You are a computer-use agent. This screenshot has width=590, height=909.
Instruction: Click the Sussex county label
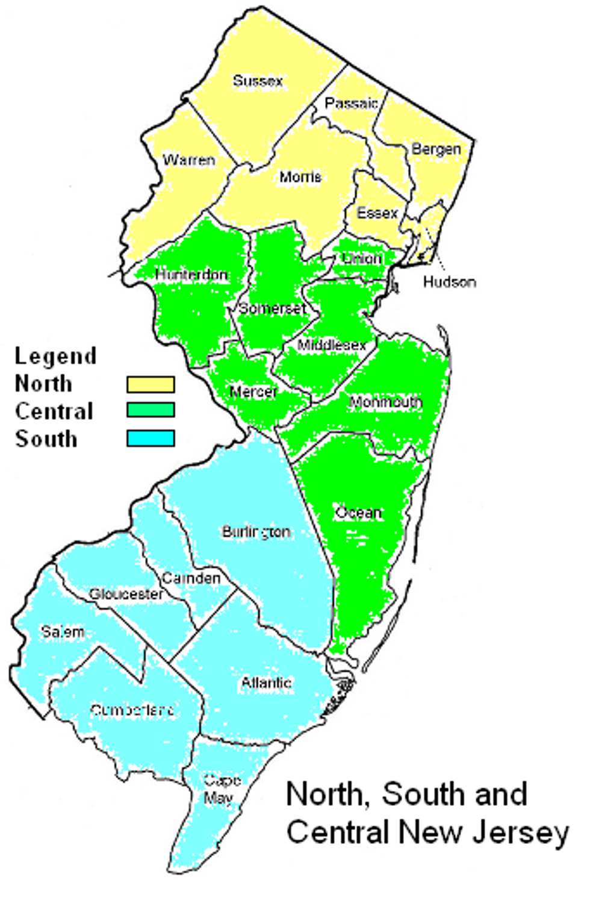click(258, 80)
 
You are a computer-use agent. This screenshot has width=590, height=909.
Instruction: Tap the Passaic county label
click(351, 103)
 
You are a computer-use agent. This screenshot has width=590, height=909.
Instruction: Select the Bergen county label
click(436, 149)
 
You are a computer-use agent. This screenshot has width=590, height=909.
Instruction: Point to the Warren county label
click(189, 160)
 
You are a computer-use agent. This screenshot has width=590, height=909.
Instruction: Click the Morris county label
click(300, 176)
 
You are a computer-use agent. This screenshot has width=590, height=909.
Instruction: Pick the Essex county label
click(377, 213)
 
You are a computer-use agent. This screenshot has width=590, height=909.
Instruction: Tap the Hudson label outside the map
click(449, 281)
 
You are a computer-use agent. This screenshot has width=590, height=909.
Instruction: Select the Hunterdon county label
click(191, 275)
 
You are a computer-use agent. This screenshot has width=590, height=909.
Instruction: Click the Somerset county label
click(273, 308)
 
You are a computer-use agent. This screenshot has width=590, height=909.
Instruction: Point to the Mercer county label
click(253, 392)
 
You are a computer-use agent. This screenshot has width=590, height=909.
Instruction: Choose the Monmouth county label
click(386, 402)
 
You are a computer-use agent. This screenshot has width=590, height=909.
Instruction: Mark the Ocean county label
click(359, 513)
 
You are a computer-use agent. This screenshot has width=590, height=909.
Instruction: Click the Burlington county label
click(256, 532)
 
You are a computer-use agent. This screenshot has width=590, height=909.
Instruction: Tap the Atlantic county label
click(267, 683)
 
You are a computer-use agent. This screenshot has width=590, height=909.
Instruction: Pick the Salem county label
click(63, 631)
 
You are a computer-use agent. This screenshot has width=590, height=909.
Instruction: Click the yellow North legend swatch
click(151, 384)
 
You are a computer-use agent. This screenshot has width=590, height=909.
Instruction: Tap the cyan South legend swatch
click(151, 438)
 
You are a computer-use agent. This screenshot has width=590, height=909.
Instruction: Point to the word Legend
click(55, 356)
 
